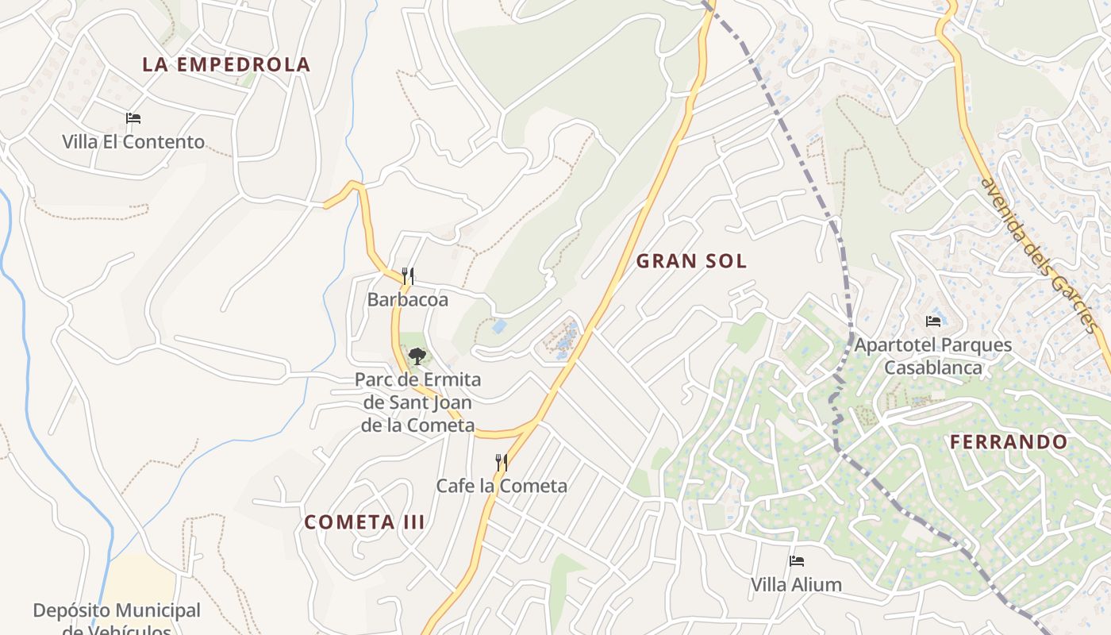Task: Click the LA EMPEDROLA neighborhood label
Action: click(226, 65)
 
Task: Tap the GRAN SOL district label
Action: click(691, 261)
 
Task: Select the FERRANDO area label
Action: click(1009, 442)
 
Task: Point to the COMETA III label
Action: click(364, 522)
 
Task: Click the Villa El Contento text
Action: click(133, 142)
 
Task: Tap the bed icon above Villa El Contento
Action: click(133, 118)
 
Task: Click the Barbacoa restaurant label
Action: click(407, 299)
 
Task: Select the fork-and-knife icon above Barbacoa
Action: click(408, 276)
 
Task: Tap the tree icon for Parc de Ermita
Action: click(417, 356)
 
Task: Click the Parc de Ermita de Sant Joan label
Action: click(417, 402)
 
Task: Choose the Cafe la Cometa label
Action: click(502, 486)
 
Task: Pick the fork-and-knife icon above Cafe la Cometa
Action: click(502, 462)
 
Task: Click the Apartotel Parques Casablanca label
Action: click(933, 356)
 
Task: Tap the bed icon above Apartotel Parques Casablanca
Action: click(933, 321)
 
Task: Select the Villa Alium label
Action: click(796, 585)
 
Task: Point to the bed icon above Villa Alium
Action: click(797, 561)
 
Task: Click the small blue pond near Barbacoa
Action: click(499, 326)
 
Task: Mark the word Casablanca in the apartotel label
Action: click(933, 368)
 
